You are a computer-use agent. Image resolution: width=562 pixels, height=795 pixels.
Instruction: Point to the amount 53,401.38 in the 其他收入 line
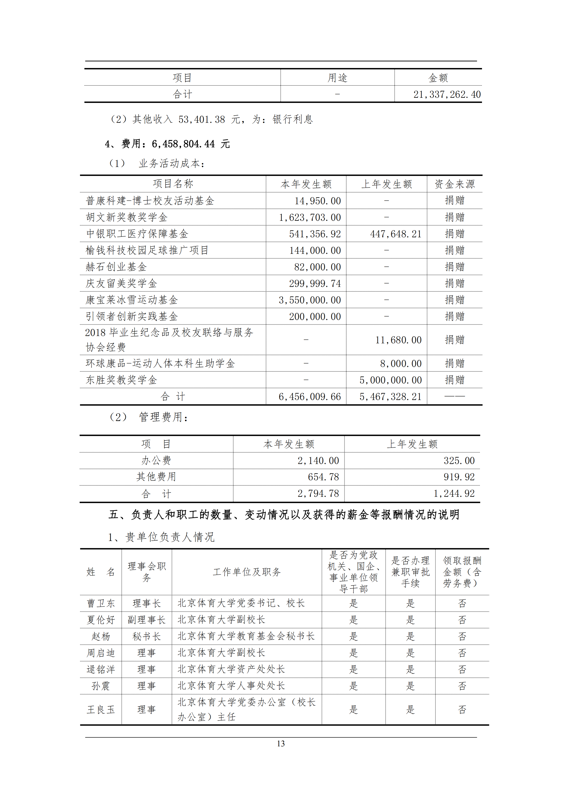tap(201, 120)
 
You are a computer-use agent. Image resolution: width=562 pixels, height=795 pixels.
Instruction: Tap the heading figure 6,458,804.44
tap(183, 144)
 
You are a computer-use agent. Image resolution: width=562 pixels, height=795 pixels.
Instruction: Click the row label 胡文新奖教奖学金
tap(127, 217)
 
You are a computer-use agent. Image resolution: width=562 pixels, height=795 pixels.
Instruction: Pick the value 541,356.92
tap(315, 234)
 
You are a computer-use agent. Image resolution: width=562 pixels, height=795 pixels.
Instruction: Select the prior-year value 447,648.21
tap(396, 234)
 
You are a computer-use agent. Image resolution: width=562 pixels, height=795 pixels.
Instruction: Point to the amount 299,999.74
tap(315, 284)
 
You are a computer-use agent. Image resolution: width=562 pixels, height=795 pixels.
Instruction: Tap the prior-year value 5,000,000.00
tap(390, 380)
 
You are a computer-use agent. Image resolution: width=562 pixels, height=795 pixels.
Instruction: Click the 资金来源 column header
tap(454, 184)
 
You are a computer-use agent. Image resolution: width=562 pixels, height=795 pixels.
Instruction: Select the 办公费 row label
tap(156, 460)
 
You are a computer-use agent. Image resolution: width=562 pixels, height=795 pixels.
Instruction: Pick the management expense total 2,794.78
tap(318, 494)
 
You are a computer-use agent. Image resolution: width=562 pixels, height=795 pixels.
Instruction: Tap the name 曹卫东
tap(101, 604)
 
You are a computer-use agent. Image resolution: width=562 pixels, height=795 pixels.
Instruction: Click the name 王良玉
tap(101, 710)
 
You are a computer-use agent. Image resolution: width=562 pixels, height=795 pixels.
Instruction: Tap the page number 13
tap(281, 743)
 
